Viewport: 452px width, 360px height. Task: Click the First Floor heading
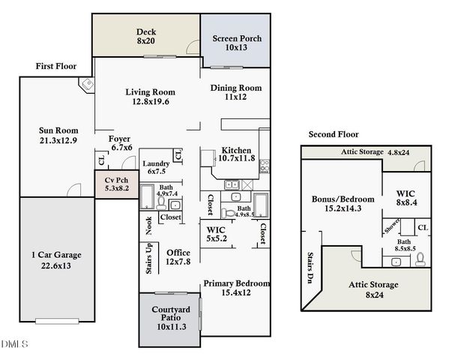coord(56,66)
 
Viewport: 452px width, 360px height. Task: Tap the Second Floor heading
coord(334,134)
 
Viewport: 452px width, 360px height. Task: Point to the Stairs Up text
coord(149,257)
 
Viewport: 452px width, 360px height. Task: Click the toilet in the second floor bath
coord(420,259)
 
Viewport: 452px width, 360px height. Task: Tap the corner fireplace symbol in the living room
coord(87,84)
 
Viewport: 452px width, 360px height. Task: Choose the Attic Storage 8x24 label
coord(373,289)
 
